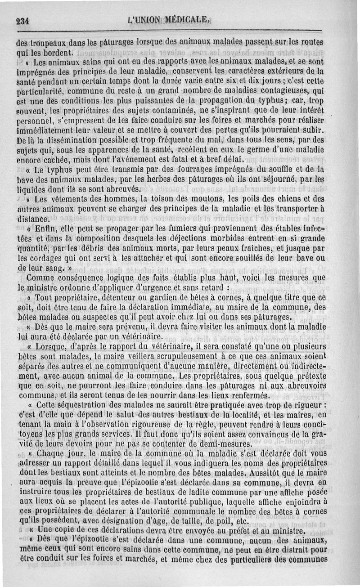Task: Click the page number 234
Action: [x=22, y=20]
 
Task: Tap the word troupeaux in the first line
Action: [x=47, y=44]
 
